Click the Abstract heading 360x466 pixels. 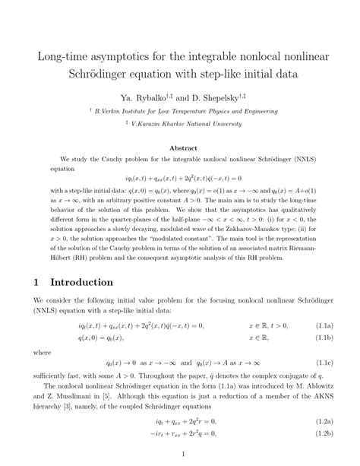(180, 148)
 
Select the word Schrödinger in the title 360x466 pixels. (80, 74)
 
